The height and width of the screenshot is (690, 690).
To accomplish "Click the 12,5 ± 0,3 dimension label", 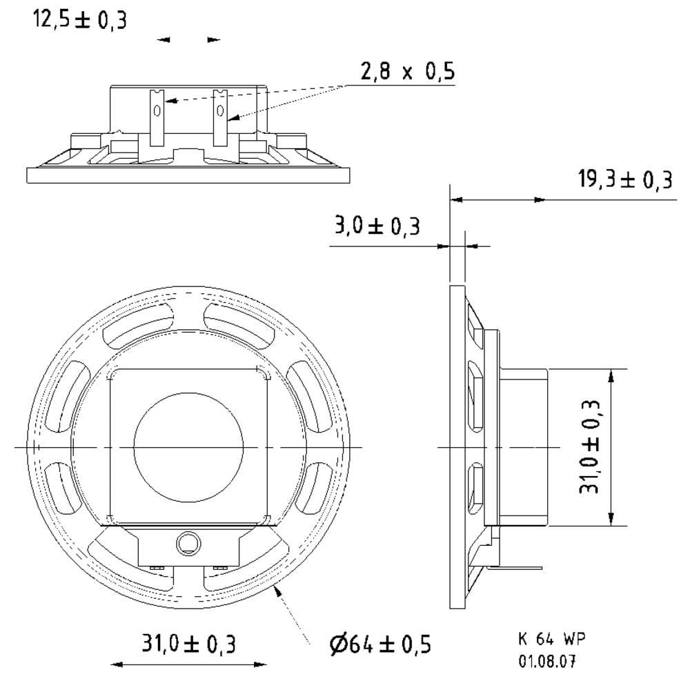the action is tap(80, 20).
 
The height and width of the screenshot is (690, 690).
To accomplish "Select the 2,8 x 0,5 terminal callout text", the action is tap(408, 71).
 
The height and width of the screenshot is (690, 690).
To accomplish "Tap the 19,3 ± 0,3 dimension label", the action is tap(625, 179).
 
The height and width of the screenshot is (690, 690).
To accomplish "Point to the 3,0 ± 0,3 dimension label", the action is tap(377, 226).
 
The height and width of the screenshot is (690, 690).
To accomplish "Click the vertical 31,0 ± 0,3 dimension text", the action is tap(590, 446).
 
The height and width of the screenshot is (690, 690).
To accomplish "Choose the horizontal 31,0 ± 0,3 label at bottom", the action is tap(188, 643).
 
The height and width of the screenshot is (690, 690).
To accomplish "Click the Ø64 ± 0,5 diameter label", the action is tap(380, 644).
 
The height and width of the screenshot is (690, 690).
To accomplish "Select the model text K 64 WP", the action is tap(552, 638).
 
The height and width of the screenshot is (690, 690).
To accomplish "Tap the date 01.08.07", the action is tap(547, 661).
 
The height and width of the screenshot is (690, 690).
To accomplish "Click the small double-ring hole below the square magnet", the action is tap(189, 544).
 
